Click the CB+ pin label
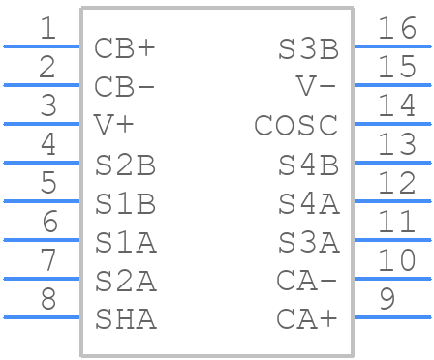[x=125, y=47]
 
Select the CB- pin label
[x=125, y=86]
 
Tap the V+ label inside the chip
[x=114, y=125]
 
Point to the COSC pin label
[x=296, y=125]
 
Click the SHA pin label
[x=125, y=317]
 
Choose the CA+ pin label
[x=307, y=317]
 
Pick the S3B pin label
[x=308, y=47]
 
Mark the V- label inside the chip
[x=317, y=86]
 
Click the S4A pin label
[x=308, y=202]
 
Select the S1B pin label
[x=125, y=202]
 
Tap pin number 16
[x=397, y=28]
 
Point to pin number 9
[x=387, y=298]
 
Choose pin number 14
[x=397, y=105]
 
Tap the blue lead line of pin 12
[x=392, y=201]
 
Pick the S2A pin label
[x=125, y=280]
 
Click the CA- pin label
[x=307, y=280]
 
